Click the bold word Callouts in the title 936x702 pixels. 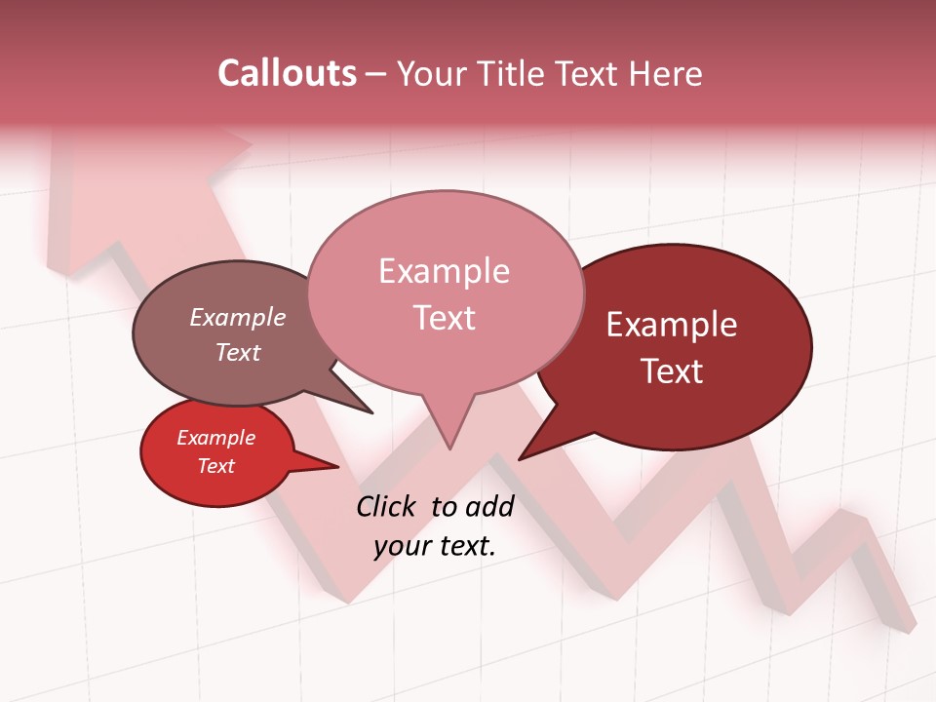287,73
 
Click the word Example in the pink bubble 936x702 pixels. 444,271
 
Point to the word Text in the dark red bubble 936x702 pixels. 673,370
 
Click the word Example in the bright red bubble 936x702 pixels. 215,438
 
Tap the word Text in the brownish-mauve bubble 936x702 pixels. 238,352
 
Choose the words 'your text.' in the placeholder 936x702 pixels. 435,546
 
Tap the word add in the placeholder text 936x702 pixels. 489,506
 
